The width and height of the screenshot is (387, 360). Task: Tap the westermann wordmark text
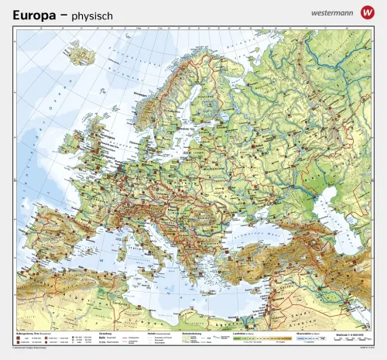click(x=330, y=13)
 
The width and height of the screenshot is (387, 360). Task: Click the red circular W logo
click(x=366, y=13)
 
